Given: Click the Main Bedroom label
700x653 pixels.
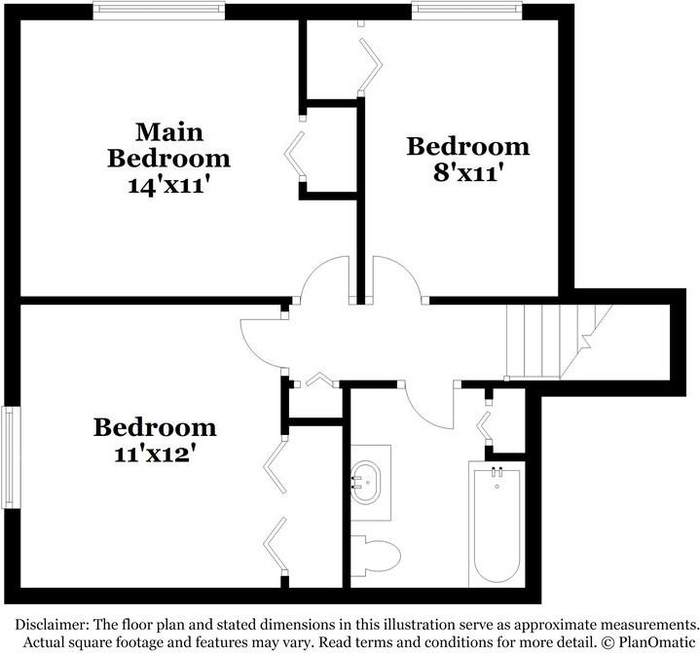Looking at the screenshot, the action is coord(168,146).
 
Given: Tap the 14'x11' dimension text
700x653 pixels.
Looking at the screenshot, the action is coord(168,185).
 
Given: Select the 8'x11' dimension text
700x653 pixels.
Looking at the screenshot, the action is coord(468,172).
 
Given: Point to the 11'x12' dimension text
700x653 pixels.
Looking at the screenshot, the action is coord(155,453).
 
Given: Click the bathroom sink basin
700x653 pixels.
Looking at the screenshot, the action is coord(365,482).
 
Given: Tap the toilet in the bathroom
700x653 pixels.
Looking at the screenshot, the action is coord(375,556).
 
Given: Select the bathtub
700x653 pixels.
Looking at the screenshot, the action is coord(497,525).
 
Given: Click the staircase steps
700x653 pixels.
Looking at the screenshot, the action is coord(558,342).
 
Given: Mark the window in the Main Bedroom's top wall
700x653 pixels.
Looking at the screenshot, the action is coord(159,11).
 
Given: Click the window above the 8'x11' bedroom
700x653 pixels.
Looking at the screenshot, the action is coord(467,11).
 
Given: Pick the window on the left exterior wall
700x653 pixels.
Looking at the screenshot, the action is coord(11,457).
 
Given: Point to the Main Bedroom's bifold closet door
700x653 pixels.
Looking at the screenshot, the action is coord(295,154).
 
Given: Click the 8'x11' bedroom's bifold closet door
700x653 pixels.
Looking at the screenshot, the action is coord(372,65).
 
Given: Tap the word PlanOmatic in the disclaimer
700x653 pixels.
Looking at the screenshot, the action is coord(657,642).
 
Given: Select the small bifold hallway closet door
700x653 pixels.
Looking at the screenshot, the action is coord(319,380).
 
